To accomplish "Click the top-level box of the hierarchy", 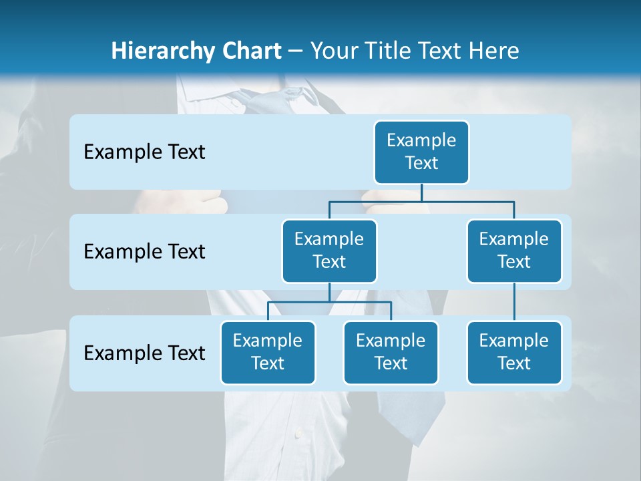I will click(421, 152).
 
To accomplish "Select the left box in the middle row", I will click(329, 251).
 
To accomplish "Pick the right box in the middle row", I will click(514, 251).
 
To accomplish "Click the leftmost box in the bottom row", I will click(268, 352).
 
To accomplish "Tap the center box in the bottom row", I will click(391, 352).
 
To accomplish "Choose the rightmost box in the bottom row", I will click(514, 352).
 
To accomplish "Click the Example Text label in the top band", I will click(144, 152).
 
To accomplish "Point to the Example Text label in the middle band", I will click(144, 252).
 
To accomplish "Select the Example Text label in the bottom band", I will click(144, 353).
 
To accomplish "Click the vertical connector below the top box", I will click(421, 192).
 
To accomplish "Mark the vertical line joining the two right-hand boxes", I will click(514, 302).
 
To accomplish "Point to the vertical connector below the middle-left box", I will click(329, 292).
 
